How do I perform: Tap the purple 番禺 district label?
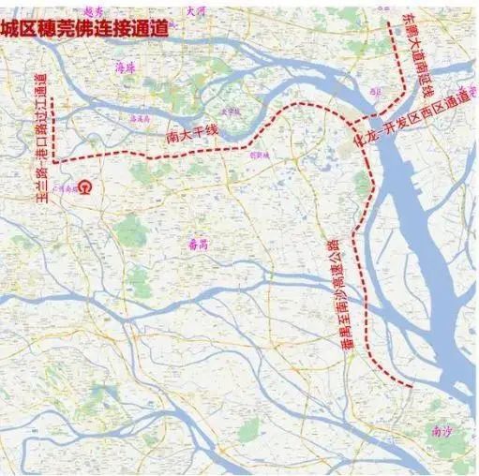[x=199, y=242]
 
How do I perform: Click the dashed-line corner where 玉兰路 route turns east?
[x=57, y=160]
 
